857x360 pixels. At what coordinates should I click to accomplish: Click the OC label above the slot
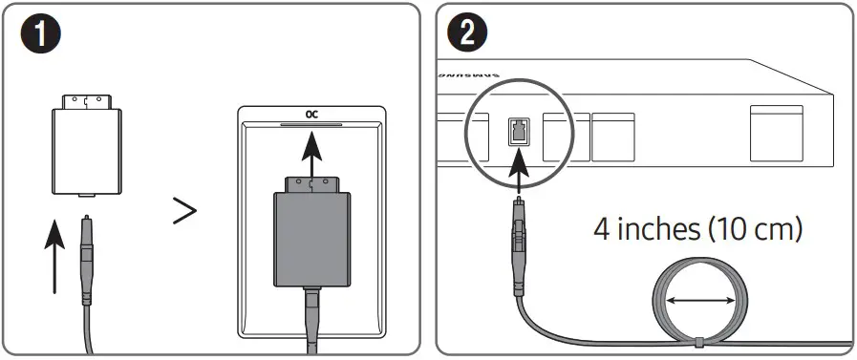pyautogui.click(x=311, y=114)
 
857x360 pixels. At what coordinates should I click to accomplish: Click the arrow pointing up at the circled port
pyautogui.click(x=517, y=172)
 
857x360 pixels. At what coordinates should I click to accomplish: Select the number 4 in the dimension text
pyautogui.click(x=603, y=230)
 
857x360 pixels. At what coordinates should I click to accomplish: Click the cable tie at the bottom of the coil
pyautogui.click(x=700, y=341)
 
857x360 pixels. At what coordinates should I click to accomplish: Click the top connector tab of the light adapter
pyautogui.click(x=86, y=100)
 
